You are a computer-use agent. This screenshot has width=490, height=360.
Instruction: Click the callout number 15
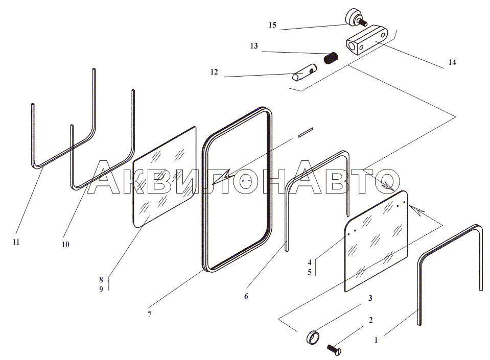272,25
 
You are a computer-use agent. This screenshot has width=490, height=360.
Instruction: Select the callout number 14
452,62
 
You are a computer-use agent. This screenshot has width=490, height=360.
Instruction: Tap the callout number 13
254,46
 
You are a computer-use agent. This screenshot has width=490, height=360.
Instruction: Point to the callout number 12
214,72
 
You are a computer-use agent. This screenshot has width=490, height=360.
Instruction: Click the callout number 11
16,242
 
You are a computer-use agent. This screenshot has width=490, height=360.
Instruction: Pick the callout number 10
65,245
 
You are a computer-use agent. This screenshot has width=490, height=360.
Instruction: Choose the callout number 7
150,315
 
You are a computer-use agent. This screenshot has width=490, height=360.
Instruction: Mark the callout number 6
246,296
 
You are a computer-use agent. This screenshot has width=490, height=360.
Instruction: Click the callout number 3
370,298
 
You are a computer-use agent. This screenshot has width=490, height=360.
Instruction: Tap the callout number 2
371,320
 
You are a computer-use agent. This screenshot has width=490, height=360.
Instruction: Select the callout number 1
376,340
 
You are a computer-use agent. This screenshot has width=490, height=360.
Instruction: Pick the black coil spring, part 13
331,58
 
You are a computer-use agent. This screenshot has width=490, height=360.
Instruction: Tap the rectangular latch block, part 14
367,40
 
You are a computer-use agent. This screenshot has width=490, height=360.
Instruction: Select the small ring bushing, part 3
313,338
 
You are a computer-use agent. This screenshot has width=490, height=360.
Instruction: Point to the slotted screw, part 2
334,350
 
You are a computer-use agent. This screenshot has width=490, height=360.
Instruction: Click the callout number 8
101,280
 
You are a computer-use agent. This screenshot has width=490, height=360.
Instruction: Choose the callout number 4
309,262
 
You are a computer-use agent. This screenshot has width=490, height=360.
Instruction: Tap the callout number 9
101,289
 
